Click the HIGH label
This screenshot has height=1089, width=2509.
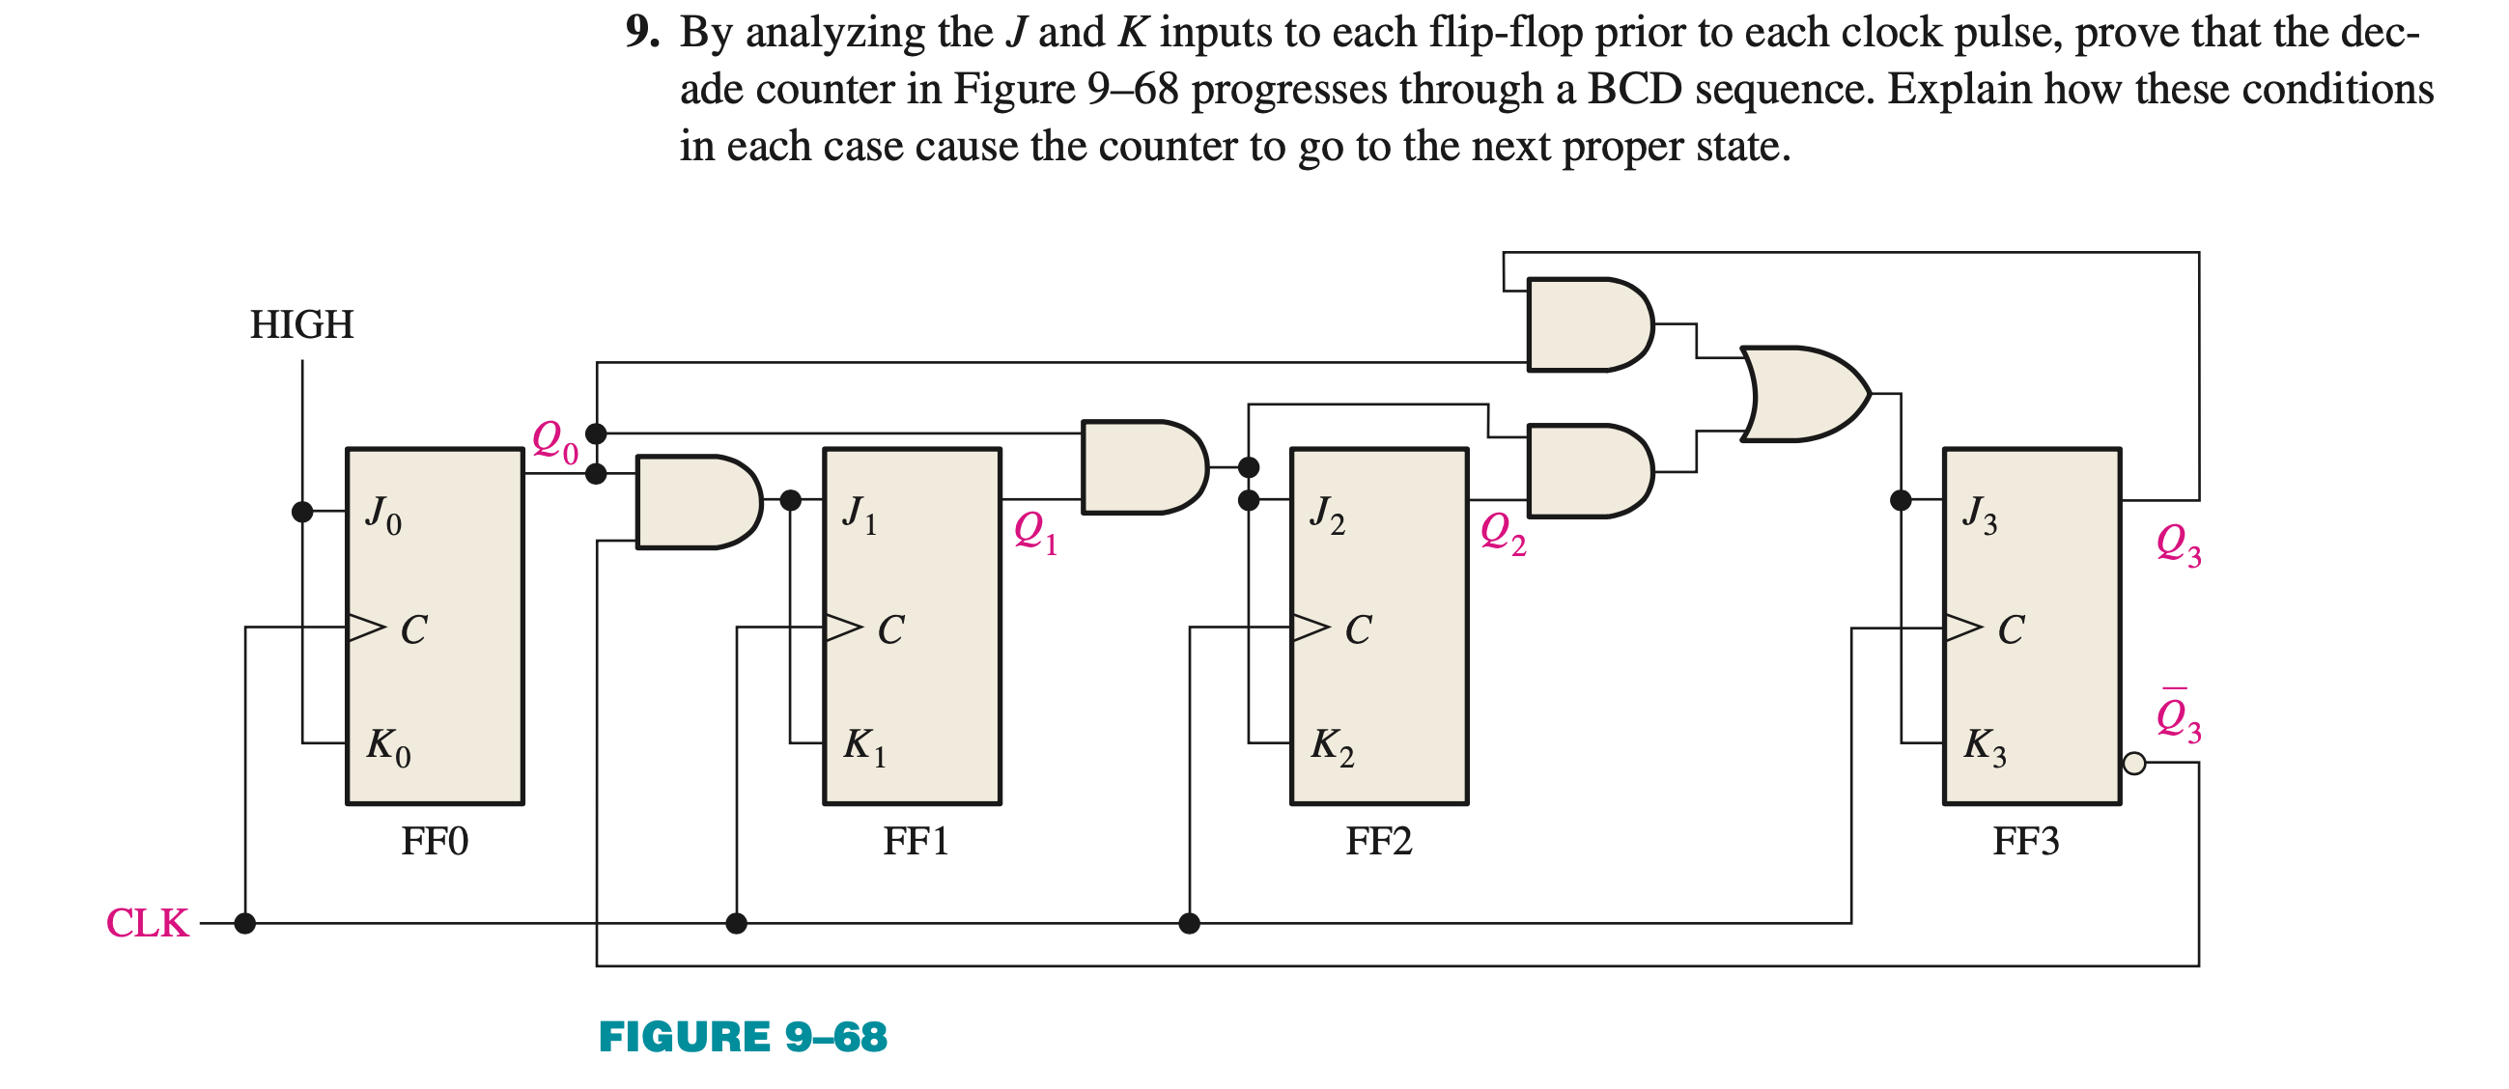click(x=301, y=324)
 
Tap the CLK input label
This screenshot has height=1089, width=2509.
click(x=147, y=922)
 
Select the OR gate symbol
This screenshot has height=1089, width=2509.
click(x=1803, y=395)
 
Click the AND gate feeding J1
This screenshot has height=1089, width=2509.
click(x=696, y=502)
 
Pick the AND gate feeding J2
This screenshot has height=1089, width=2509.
click(x=1143, y=467)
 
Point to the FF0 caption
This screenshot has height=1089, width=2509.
click(x=435, y=841)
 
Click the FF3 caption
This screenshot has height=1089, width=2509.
click(x=2026, y=841)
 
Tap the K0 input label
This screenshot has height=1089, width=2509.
click(x=387, y=746)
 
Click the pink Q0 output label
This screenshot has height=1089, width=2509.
click(x=554, y=441)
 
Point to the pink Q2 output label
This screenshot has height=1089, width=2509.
click(x=1503, y=534)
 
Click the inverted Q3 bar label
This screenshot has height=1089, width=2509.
click(x=2178, y=719)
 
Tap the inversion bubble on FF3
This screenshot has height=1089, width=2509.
click(x=2134, y=764)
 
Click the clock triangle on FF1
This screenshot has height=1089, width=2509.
click(x=842, y=628)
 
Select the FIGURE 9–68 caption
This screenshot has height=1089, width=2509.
click(x=744, y=1037)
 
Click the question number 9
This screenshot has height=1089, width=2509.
click(x=641, y=33)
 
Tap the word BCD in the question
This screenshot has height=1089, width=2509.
click(x=1634, y=90)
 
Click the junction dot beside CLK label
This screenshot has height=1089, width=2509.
click(x=245, y=922)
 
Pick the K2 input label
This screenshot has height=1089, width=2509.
click(x=1332, y=746)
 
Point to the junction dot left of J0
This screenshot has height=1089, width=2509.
click(x=303, y=512)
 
